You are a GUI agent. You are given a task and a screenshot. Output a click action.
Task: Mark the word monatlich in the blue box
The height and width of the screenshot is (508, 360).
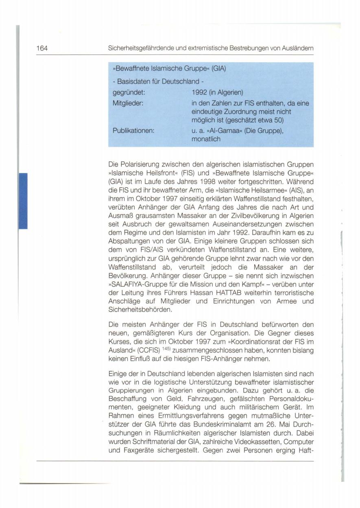(x=206, y=139)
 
